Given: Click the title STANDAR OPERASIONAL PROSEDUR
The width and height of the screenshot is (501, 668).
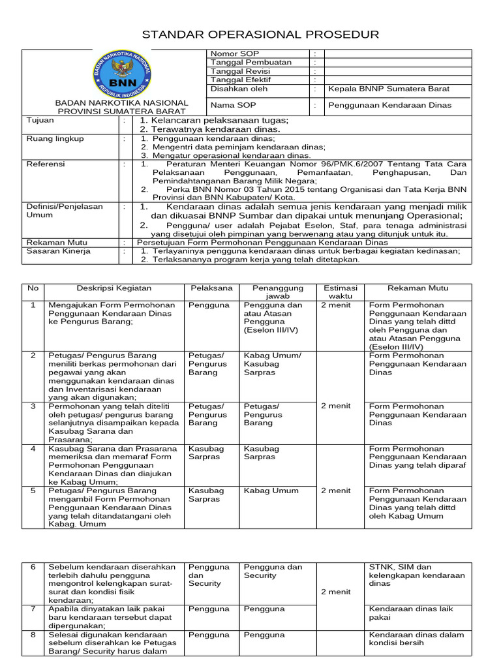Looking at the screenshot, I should coord(260,35).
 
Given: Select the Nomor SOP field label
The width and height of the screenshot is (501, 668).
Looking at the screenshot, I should coord(231,53).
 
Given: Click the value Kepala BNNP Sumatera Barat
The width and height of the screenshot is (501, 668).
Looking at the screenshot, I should coord(389,89).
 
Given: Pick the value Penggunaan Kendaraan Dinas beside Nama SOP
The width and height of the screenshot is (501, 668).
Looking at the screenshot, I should coord(389,105).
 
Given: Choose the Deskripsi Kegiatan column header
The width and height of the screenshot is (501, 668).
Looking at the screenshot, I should coord(114,288).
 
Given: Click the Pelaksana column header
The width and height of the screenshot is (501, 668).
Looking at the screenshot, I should coord(211,288).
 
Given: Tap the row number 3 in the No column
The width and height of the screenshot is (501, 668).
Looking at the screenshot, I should coord(33,406).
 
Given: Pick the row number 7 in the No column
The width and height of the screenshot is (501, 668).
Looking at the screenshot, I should coord(33,609).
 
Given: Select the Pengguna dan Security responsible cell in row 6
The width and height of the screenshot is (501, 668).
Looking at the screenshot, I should coord(273,571).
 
